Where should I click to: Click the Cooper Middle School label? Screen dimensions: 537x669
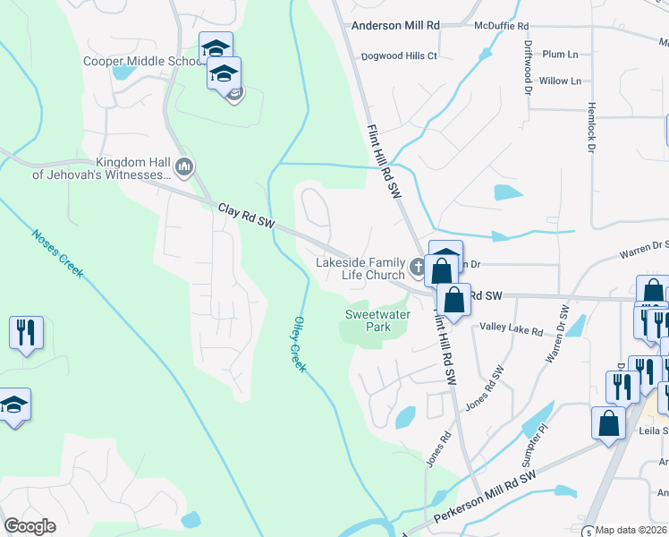click(143, 61)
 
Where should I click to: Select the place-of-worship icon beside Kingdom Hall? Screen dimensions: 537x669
click(185, 166)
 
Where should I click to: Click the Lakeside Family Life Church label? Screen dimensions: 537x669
click(360, 268)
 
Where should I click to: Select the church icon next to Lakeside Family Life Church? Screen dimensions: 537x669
click(416, 267)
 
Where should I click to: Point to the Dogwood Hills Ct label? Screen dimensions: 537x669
click(399, 55)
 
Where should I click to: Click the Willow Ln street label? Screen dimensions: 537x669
click(560, 81)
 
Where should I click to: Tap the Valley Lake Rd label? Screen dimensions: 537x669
click(511, 331)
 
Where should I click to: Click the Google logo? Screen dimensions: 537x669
click(30, 526)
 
